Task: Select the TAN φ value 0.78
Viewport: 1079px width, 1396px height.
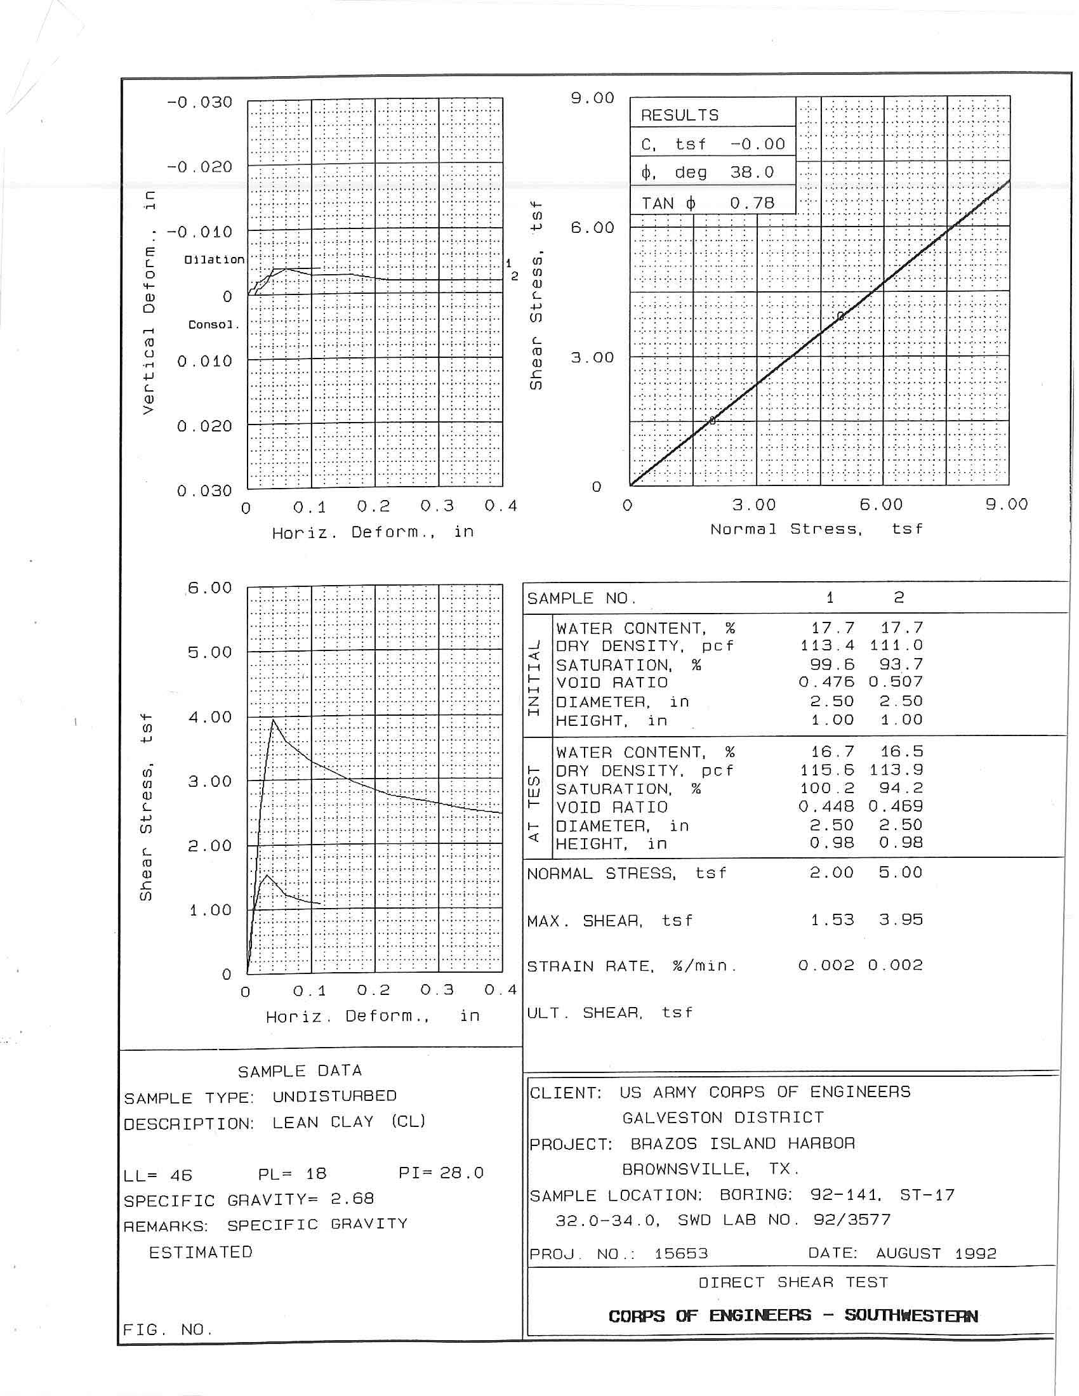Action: point(751,204)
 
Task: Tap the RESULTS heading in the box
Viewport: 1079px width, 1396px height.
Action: point(680,115)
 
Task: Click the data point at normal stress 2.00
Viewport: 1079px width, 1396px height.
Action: point(713,420)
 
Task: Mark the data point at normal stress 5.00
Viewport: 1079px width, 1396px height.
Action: point(840,317)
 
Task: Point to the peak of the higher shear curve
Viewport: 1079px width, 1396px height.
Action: point(274,720)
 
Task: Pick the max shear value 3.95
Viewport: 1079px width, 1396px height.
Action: point(900,920)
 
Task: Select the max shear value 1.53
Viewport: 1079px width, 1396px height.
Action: point(831,920)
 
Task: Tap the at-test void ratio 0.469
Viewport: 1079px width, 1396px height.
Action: point(896,807)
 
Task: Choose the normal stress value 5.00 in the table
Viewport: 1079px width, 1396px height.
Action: point(900,872)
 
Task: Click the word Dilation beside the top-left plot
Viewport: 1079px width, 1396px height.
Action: point(214,260)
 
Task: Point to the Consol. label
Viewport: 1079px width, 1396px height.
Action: point(213,325)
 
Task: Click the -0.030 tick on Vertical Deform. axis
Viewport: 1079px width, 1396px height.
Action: point(199,102)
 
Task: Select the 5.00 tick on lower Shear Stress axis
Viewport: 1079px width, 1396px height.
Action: point(209,652)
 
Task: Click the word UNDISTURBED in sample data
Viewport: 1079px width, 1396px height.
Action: point(334,1096)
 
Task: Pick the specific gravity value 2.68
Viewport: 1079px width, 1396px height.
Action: point(352,1199)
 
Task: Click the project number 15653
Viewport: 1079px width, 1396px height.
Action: point(681,1253)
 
